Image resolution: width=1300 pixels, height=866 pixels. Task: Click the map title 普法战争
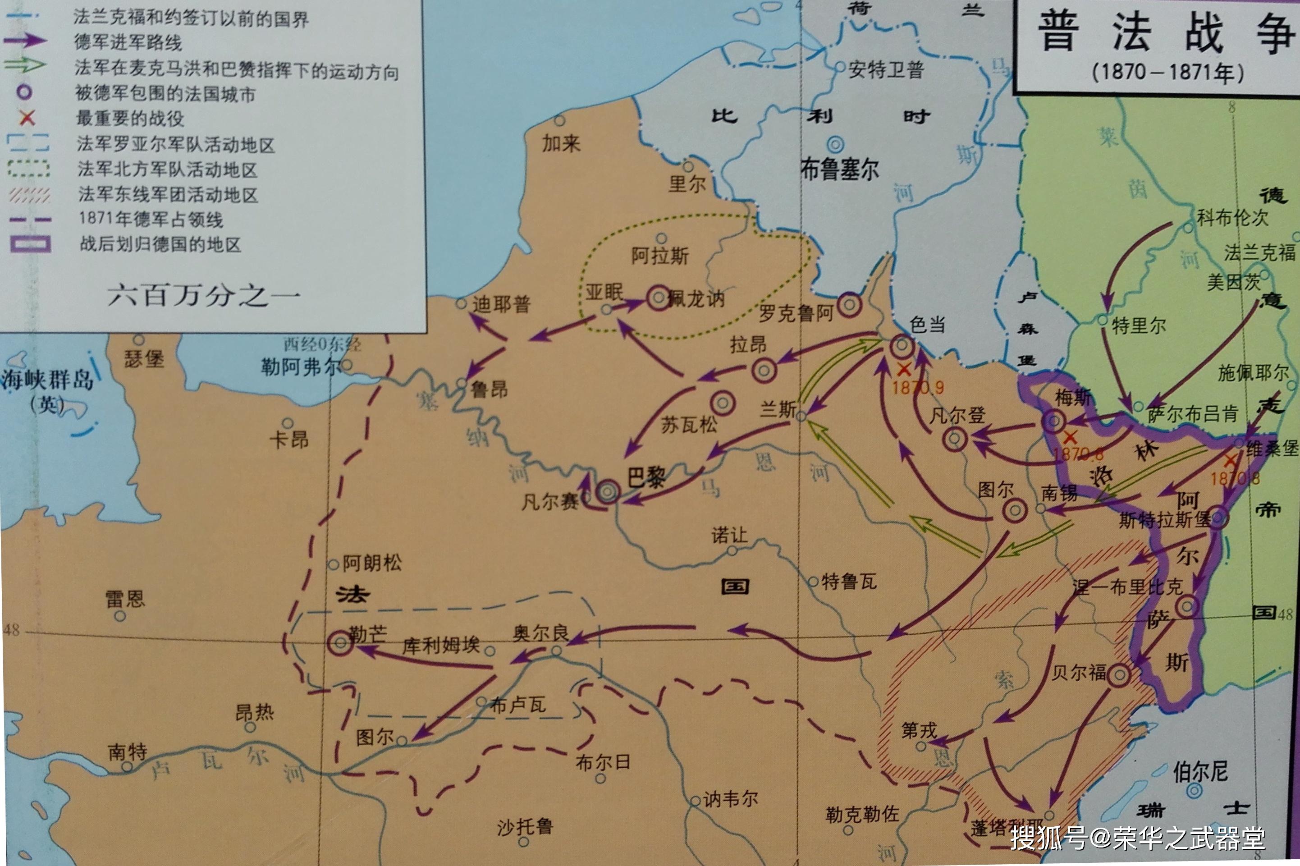pyautogui.click(x=1165, y=33)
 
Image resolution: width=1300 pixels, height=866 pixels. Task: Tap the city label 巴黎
pyautogui.click(x=646, y=476)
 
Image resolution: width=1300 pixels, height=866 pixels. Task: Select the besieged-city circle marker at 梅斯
pyautogui.click(x=1053, y=422)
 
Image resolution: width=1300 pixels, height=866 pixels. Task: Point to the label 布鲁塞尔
pyautogui.click(x=839, y=169)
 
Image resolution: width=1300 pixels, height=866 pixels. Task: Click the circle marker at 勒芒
pyautogui.click(x=340, y=643)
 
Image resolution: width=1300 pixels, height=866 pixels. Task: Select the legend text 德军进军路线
pyautogui.click(x=128, y=42)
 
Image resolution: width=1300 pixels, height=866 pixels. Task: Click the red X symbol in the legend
pyautogui.click(x=27, y=117)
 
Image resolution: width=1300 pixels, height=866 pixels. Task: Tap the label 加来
pyautogui.click(x=561, y=144)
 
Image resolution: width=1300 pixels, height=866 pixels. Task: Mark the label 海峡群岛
pyautogui.click(x=47, y=380)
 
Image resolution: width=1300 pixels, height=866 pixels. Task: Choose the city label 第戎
pyautogui.click(x=919, y=730)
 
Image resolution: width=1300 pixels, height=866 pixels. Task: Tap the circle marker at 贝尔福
pyautogui.click(x=1119, y=675)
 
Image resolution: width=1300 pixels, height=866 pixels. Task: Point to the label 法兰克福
pyautogui.click(x=1259, y=253)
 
